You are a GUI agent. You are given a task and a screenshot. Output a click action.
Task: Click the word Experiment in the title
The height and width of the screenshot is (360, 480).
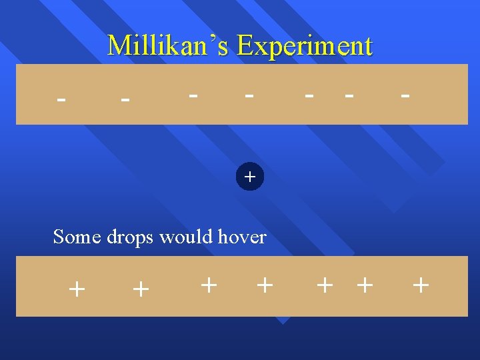305,45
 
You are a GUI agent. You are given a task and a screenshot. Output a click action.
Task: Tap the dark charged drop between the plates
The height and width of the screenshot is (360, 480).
250,177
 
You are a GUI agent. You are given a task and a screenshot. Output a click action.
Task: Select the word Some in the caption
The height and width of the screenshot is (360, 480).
77,237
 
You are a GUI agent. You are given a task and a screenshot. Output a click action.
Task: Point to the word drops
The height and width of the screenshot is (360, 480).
130,237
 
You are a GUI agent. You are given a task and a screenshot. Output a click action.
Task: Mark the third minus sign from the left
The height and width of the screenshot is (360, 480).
193,95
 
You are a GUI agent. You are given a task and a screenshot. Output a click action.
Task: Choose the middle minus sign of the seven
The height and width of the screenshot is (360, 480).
249,95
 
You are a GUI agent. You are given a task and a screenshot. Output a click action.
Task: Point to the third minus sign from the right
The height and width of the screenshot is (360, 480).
309,95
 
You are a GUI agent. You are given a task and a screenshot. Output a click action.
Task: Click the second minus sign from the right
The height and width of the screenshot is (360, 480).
348,95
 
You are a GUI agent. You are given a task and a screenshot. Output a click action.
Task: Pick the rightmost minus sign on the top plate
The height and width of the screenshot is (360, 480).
405,95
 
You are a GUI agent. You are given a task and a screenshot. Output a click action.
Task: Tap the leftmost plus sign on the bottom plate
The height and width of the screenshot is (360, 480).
77,289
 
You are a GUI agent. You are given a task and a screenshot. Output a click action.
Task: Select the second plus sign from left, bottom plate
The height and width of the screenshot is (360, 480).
141,289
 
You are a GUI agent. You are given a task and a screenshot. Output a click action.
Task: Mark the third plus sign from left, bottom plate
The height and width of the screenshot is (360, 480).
209,285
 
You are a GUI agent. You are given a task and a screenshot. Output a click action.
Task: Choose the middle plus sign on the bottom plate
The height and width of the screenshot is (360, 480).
265,285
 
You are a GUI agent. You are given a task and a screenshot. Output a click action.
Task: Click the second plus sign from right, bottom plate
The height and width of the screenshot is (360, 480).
364,285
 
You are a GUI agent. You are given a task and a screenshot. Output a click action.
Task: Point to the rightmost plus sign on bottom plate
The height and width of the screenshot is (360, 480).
421,285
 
